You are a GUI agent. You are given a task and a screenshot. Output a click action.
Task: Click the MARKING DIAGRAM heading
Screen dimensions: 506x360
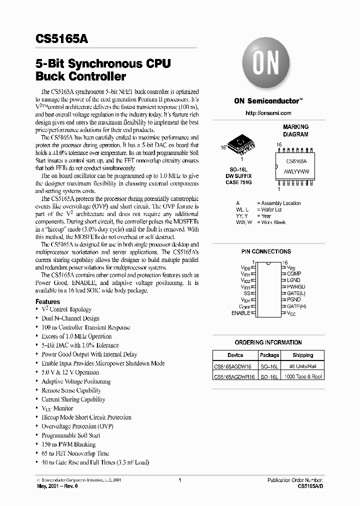pyautogui.click(x=296, y=130)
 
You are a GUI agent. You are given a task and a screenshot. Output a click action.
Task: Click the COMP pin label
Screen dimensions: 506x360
pyautogui.click(x=294, y=274)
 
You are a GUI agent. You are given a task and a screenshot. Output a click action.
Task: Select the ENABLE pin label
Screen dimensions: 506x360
pyautogui.click(x=240, y=313)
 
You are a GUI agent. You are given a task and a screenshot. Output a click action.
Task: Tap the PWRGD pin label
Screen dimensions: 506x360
pyautogui.click(x=296, y=287)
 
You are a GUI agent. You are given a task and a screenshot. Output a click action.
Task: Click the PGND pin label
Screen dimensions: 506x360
pyautogui.click(x=294, y=300)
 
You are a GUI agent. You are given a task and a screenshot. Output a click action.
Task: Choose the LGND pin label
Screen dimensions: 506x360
pyautogui.click(x=294, y=280)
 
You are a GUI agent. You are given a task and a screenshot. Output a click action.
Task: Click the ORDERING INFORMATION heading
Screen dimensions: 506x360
pyautogui.click(x=268, y=342)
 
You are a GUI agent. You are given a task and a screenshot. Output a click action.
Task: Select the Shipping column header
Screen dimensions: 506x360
pyautogui.click(x=303, y=355)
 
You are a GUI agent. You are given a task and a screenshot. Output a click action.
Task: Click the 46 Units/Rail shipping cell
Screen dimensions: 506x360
pyautogui.click(x=303, y=366)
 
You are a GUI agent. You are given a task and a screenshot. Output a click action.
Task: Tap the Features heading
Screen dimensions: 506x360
pyautogui.click(x=48, y=302)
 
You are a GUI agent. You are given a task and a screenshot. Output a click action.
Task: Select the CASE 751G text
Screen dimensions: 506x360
pyautogui.click(x=238, y=183)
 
